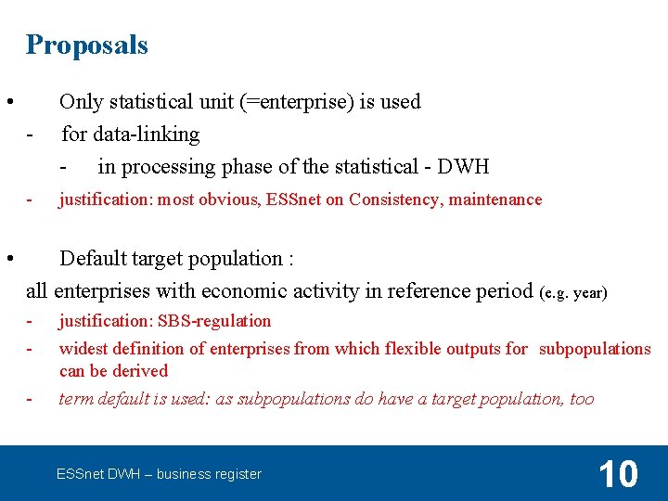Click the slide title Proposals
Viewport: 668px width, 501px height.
point(86,45)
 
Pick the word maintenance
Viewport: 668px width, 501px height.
point(495,199)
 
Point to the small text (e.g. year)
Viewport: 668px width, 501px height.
point(572,293)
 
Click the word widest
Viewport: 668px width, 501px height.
point(83,349)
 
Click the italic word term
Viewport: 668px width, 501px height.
point(76,399)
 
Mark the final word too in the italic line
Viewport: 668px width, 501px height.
point(582,399)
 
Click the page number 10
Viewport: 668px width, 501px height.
point(618,474)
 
